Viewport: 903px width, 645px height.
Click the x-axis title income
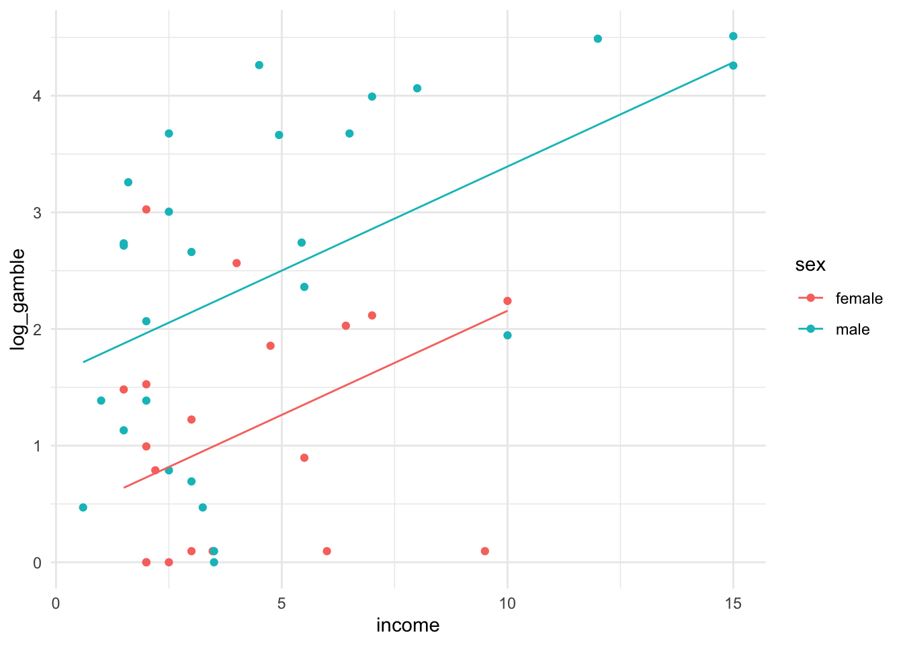(x=408, y=626)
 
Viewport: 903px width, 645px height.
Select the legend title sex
(x=810, y=265)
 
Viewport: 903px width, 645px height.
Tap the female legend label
(x=859, y=298)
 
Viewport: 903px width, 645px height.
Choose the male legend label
(x=853, y=329)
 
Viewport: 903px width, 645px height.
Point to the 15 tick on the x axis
(x=733, y=604)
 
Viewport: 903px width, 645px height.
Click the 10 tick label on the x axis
(x=507, y=604)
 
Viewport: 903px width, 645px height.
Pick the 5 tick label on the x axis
(x=282, y=604)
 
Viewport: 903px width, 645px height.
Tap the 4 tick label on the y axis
(x=38, y=96)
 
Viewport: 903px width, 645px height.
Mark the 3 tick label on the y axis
(x=38, y=212)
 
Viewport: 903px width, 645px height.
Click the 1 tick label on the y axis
(x=38, y=446)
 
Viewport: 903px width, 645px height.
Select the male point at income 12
(x=598, y=39)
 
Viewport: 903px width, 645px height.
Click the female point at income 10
(x=507, y=301)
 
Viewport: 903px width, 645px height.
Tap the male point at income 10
(x=507, y=335)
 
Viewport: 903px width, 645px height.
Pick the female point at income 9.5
(x=485, y=551)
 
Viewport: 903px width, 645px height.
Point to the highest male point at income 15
(x=733, y=36)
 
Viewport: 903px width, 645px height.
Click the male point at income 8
(x=417, y=89)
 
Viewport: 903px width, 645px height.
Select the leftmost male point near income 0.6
(x=83, y=507)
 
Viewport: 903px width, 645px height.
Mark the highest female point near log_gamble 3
(x=146, y=210)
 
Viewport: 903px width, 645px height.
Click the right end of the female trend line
(x=507, y=311)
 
